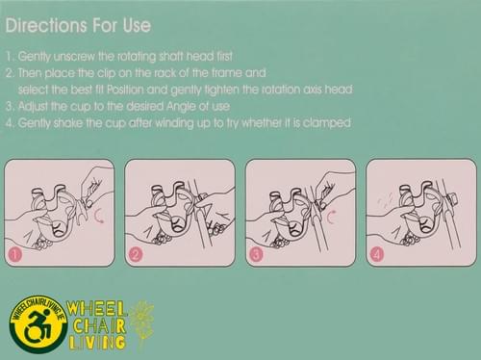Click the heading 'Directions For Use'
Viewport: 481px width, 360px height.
click(78, 25)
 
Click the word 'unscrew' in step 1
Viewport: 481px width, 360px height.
click(74, 57)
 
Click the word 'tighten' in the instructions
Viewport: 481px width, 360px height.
click(217, 90)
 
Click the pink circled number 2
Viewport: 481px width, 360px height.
click(136, 255)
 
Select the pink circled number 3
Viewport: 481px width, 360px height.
click(256, 255)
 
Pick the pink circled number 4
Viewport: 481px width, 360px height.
click(377, 255)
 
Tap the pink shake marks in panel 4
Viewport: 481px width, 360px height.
click(385, 199)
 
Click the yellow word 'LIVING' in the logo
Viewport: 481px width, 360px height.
click(96, 343)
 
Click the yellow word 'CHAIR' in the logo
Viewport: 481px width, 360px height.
click(99, 326)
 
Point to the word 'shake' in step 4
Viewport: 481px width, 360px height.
click(67, 123)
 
